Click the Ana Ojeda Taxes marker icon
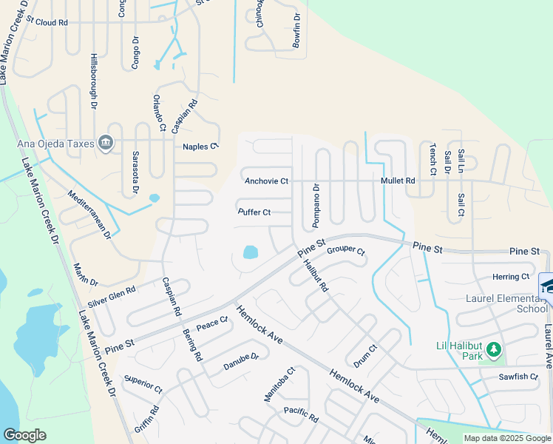(x=106, y=141)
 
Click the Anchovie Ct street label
(x=266, y=181)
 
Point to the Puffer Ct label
(x=254, y=212)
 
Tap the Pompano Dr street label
(x=316, y=205)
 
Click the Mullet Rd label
(x=398, y=181)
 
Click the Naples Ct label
(x=201, y=147)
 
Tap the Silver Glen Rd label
(x=112, y=297)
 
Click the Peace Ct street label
(x=212, y=324)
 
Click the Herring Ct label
(x=511, y=277)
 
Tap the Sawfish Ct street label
(x=518, y=377)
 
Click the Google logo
(x=25, y=435)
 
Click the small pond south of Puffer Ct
(x=250, y=252)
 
